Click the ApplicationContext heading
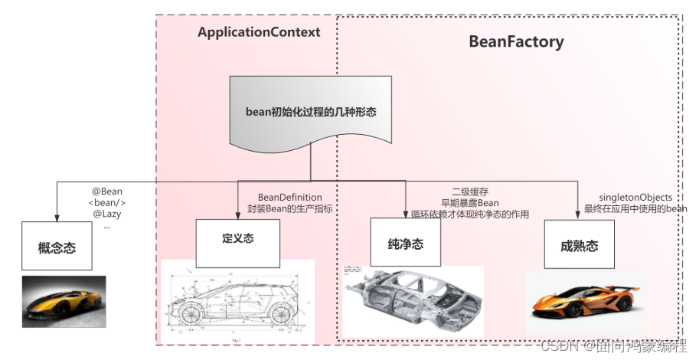click(259, 32)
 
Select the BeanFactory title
click(516, 41)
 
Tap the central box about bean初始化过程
click(311, 112)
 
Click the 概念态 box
click(57, 247)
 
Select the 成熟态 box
click(579, 245)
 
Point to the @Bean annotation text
click(107, 191)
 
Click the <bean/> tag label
click(107, 202)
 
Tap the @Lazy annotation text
click(107, 214)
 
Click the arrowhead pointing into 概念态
click(57, 215)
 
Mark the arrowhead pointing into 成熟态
click(577, 214)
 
